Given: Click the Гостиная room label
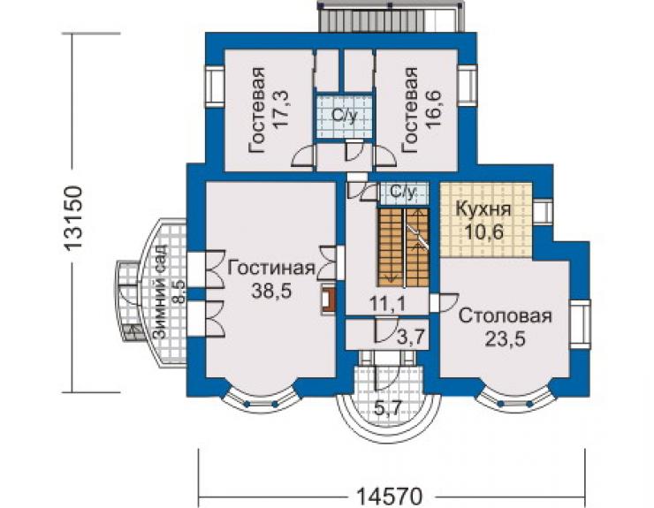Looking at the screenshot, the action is point(271,269).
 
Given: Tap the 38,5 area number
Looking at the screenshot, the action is point(271,292).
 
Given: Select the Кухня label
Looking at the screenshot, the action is point(483,209).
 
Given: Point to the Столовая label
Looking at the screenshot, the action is point(506,316).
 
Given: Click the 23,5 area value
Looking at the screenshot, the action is point(506,338).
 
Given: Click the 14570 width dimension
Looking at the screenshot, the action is point(390,497).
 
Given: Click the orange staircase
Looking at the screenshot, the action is point(403,247).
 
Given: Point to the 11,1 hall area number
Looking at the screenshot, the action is point(387,304).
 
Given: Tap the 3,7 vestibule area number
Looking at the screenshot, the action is point(413,337).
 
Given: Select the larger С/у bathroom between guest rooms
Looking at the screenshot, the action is point(344,117).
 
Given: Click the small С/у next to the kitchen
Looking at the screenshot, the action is point(403,193).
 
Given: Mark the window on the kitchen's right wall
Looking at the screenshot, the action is point(543,212).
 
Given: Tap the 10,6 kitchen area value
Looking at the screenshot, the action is point(483,231).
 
